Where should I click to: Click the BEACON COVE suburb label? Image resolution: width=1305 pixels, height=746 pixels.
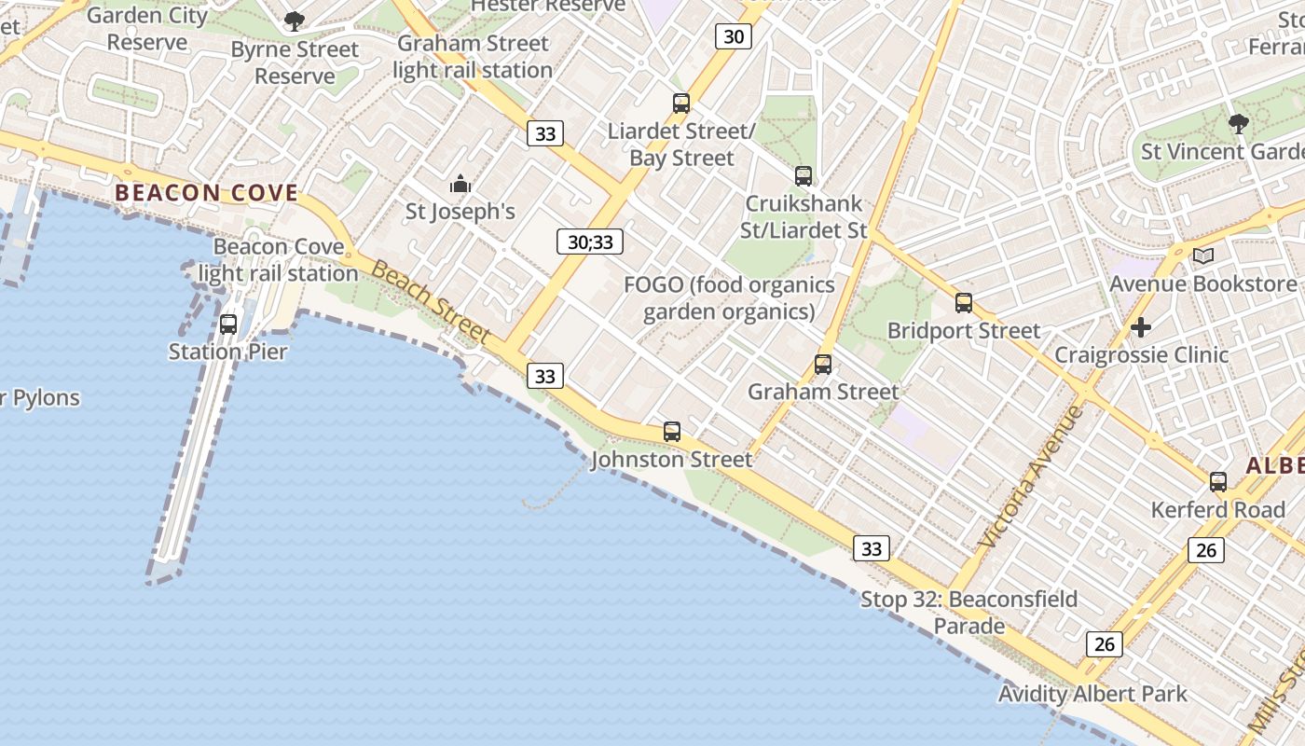[x=206, y=193]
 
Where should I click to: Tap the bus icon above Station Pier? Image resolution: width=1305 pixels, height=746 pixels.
[x=228, y=325]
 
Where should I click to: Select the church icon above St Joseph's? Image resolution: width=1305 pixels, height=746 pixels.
[x=460, y=184]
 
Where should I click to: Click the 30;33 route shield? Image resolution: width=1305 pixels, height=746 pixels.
[x=590, y=242]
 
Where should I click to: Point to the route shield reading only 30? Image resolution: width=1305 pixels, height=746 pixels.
[x=734, y=36]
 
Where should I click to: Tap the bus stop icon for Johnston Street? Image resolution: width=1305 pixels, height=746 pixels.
[x=672, y=432]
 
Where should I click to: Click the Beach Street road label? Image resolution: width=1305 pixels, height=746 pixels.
[x=431, y=301]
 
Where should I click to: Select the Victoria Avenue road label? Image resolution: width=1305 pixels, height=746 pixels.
[x=1033, y=477]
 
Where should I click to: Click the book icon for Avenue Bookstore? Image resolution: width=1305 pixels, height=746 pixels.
[x=1203, y=256]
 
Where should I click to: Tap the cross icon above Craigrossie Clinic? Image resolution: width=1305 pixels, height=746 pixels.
[x=1141, y=327]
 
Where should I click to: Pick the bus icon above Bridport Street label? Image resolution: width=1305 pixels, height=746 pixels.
[x=964, y=303]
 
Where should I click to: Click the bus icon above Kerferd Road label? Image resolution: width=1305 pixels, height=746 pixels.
[x=1218, y=482]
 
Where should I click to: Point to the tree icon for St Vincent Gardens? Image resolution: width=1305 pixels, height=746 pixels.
[x=1239, y=123]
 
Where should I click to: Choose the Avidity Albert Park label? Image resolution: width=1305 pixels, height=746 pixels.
[x=1092, y=694]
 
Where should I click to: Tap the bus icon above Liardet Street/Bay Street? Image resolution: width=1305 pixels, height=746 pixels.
[x=681, y=104]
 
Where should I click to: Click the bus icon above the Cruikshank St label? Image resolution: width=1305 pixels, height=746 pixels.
[x=804, y=175]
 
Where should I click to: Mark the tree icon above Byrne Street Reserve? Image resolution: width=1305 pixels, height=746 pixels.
[x=295, y=21]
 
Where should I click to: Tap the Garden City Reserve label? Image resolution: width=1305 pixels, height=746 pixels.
[x=147, y=28]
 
